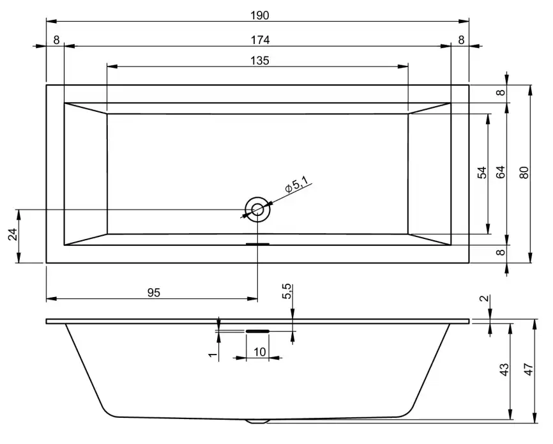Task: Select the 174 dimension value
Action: point(260,40)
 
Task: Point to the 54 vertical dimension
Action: point(482,173)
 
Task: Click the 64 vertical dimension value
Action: point(501,173)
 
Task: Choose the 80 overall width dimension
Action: point(524,173)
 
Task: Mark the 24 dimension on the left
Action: point(12,236)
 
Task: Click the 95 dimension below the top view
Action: point(153,293)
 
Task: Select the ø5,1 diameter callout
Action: point(296,186)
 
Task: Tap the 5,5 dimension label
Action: point(287,291)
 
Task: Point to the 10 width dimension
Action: point(259,352)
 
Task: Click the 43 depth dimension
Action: point(504,370)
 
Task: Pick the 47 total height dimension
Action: point(527,370)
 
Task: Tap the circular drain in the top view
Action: point(257,209)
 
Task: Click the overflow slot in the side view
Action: point(257,332)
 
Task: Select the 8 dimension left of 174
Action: point(56,40)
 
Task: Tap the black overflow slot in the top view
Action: point(257,243)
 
